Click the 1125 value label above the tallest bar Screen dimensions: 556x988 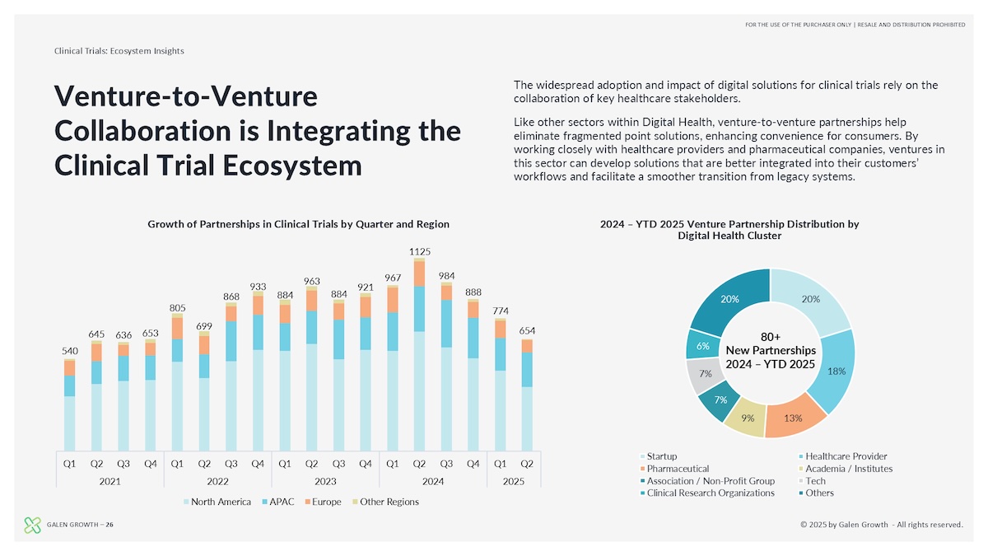coord(420,251)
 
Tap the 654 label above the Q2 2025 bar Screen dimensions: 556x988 coord(527,330)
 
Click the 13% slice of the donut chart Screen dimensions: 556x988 coord(794,418)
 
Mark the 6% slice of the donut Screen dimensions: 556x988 coord(702,346)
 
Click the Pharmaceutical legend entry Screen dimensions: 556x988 coord(678,469)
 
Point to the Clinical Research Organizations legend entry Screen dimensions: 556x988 coord(710,493)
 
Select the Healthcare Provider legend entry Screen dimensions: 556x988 coord(845,456)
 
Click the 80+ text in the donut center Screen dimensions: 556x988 coord(770,336)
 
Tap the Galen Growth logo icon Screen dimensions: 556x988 coord(32,524)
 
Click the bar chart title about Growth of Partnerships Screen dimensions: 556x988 coord(298,224)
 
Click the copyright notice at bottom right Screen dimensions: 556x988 coord(881,525)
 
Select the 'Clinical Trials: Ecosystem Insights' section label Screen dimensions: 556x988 coord(119,51)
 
